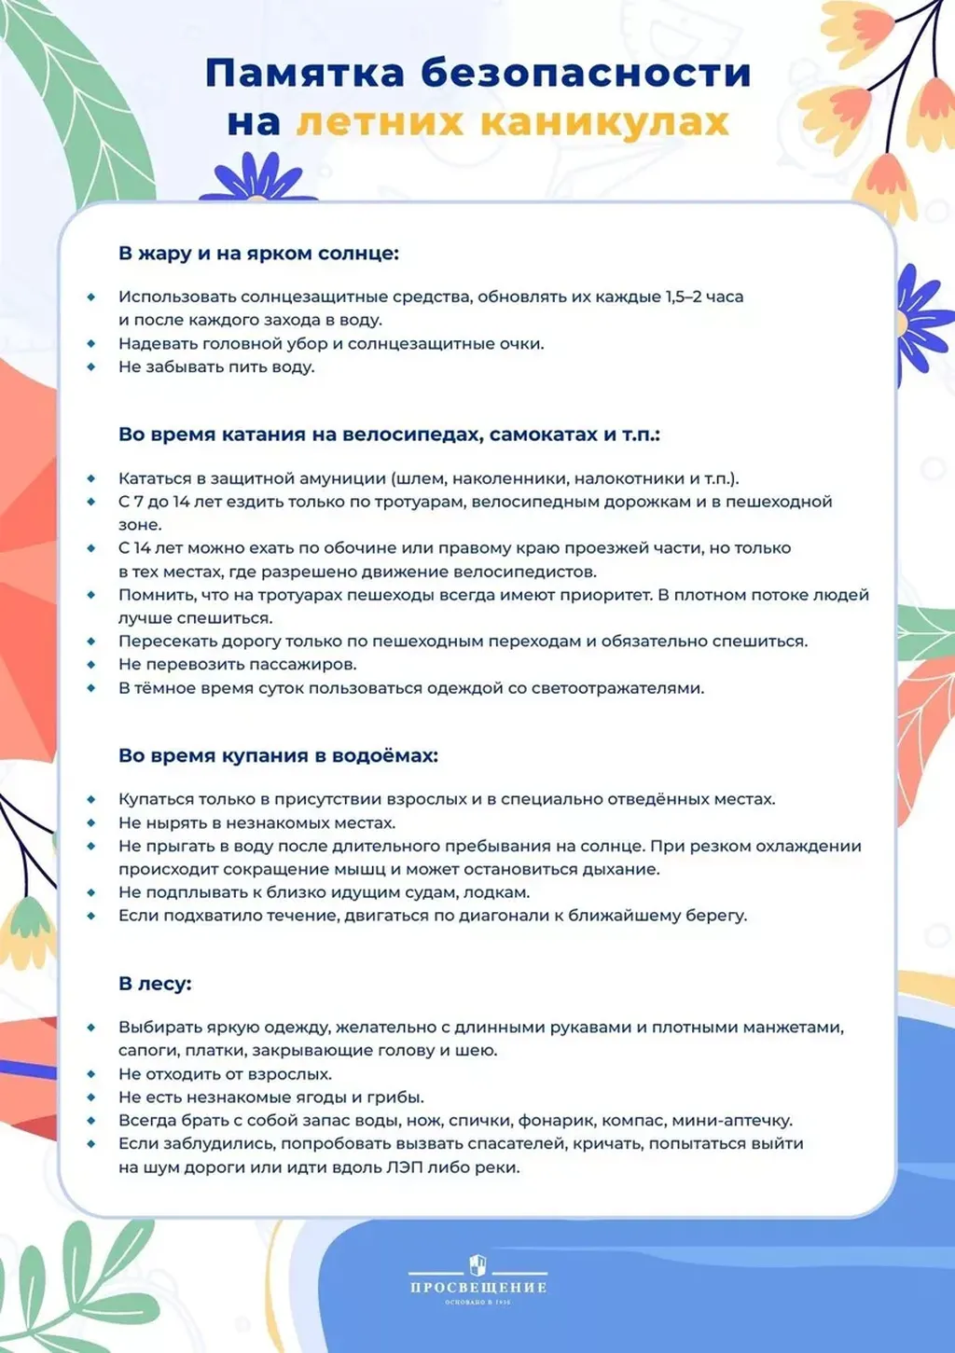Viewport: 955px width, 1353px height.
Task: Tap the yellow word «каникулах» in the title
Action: (605, 122)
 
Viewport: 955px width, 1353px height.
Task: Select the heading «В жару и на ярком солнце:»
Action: (258, 253)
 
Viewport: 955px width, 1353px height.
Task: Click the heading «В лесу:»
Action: (155, 983)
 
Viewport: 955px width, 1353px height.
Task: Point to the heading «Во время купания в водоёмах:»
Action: (278, 755)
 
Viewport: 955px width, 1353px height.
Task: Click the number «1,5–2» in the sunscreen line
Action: (683, 297)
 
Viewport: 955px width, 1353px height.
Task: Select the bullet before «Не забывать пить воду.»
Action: (91, 366)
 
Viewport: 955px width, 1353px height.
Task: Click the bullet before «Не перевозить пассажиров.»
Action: (91, 664)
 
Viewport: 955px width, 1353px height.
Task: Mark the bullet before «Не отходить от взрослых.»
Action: (91, 1073)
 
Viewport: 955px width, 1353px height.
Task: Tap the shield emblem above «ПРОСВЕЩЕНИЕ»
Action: (477, 1265)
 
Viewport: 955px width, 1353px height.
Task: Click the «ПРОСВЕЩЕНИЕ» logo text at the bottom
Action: (477, 1288)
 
